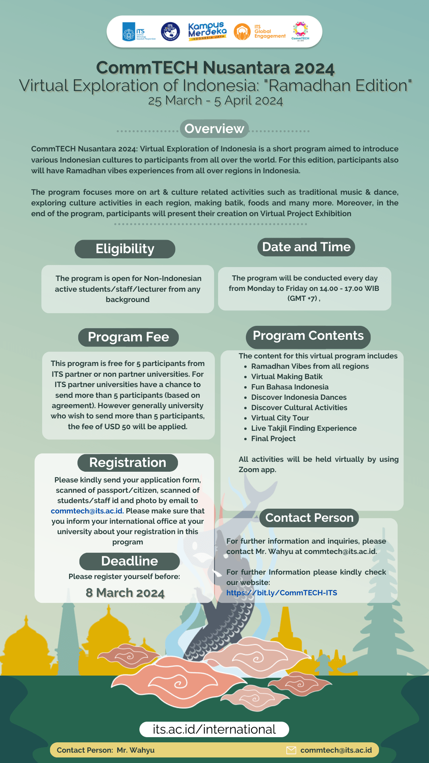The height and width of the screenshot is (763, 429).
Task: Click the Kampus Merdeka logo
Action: click(x=207, y=31)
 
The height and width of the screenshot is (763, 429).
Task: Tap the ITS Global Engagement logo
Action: click(x=260, y=32)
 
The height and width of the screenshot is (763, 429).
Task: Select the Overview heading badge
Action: click(x=214, y=129)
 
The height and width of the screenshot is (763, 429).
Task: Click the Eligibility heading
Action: click(x=125, y=249)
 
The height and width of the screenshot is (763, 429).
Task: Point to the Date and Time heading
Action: click(x=306, y=247)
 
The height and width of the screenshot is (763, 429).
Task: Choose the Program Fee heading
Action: click(x=128, y=337)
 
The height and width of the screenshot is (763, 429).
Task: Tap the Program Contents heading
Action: click(x=308, y=336)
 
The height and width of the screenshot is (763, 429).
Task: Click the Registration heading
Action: click(x=128, y=463)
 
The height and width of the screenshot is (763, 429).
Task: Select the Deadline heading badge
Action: click(x=129, y=561)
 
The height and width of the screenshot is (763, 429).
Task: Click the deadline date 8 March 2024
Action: click(x=125, y=593)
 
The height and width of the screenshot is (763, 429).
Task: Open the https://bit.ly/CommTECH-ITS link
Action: click(x=282, y=593)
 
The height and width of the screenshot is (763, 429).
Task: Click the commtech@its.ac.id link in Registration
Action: click(x=87, y=511)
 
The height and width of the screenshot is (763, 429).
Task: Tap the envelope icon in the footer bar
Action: click(x=291, y=750)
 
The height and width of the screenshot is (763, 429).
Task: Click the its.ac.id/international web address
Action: click(x=214, y=729)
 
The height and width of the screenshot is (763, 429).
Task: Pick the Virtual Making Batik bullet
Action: click(x=287, y=376)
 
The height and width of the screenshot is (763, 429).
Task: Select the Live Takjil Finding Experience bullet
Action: click(x=304, y=428)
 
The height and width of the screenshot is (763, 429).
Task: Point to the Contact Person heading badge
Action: click(x=309, y=518)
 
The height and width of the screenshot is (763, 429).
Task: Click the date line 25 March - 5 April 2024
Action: click(x=215, y=101)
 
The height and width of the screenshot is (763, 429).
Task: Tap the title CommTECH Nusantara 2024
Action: click(x=215, y=68)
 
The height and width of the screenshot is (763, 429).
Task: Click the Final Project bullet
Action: click(x=273, y=438)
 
